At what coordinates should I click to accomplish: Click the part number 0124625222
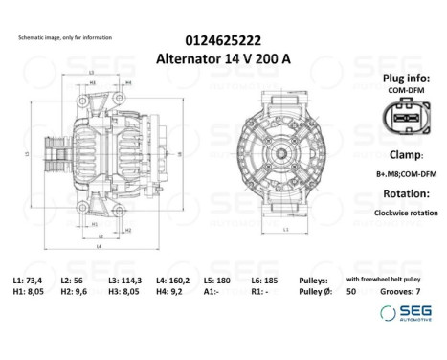click(x=222, y=39)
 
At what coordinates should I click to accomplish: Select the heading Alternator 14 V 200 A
click(x=222, y=56)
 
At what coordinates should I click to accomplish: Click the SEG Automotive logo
click(x=403, y=314)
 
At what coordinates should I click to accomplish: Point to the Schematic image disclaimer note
click(x=65, y=36)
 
